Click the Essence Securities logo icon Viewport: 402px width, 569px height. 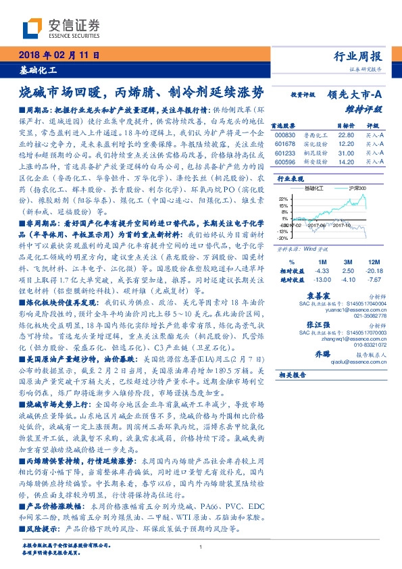click(x=33, y=28)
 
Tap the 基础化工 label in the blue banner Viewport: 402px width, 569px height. click(x=38, y=70)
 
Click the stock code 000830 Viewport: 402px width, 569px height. click(x=287, y=134)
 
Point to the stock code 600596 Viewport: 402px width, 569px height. click(x=287, y=163)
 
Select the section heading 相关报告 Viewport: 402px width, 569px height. click(x=293, y=374)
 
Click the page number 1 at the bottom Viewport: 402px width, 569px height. click(x=201, y=547)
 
